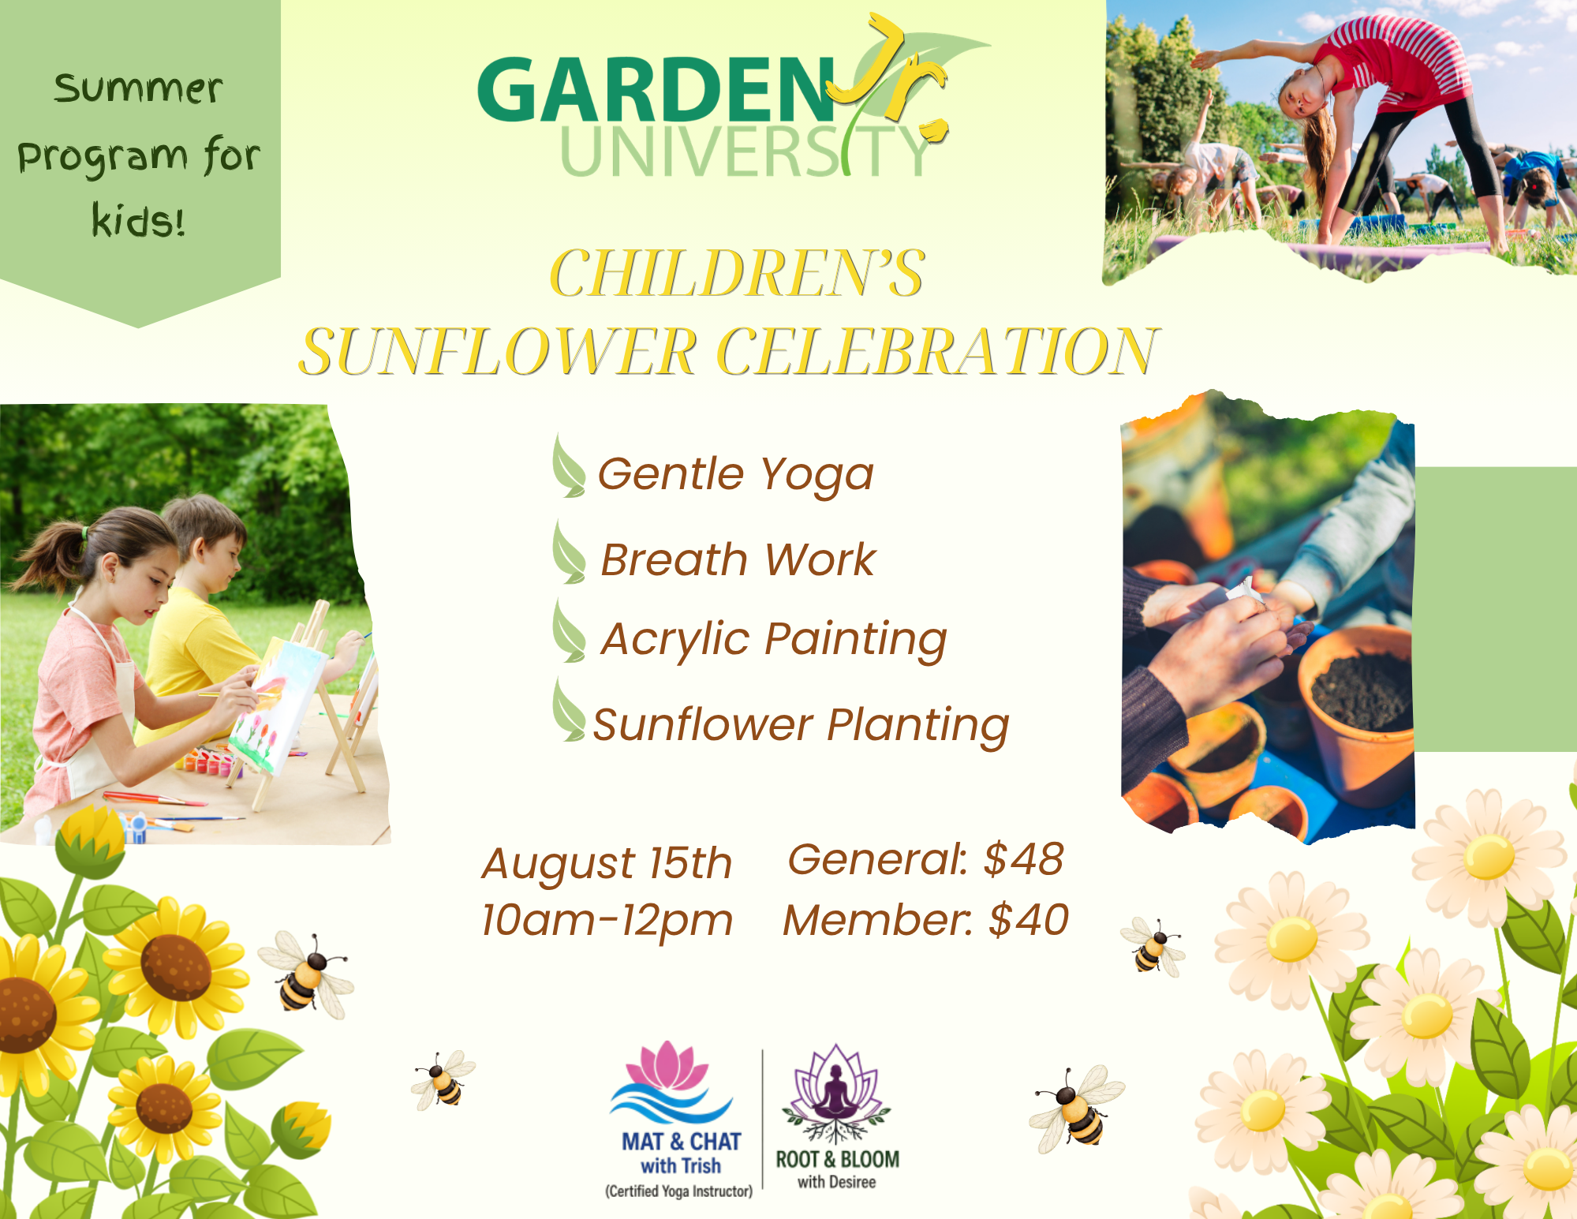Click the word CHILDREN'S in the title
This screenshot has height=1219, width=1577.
pos(737,273)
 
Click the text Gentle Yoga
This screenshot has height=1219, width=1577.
pos(735,474)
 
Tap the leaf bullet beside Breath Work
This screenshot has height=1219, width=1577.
pos(568,552)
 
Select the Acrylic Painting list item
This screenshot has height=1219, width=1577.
pos(773,639)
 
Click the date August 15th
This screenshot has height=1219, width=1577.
pos(607,863)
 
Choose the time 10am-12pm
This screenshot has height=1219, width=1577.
pos(607,920)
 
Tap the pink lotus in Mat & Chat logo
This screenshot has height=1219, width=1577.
pos(667,1067)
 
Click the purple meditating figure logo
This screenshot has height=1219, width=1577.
pos(835,1094)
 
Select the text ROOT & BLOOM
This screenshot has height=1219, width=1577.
pos(837,1159)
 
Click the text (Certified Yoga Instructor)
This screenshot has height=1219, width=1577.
pos(678,1191)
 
